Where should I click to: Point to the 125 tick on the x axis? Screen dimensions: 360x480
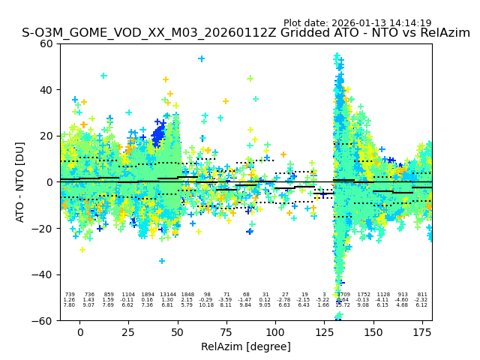tap(324, 332)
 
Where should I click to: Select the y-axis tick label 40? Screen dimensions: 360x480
tap(46, 90)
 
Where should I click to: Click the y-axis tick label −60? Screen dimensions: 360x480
tap(43, 321)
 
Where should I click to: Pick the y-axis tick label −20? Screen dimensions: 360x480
tap(43, 229)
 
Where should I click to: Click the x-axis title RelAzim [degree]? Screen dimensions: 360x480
tap(246, 346)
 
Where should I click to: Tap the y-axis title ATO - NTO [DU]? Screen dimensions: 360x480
tap(20, 182)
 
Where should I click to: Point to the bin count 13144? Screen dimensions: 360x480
tap(167, 295)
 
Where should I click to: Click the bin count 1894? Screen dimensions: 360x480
tap(147, 295)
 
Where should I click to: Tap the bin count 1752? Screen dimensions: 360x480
tap(364, 295)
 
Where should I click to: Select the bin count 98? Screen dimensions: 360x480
tap(207, 295)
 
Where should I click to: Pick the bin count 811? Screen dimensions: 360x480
tap(422, 295)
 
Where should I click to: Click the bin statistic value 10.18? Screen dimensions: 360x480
tap(207, 305)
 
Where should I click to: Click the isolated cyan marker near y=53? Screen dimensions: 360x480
tap(201, 58)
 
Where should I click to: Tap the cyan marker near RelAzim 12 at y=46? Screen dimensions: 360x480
tap(103, 76)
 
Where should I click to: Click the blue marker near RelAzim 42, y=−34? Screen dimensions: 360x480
tap(162, 261)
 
